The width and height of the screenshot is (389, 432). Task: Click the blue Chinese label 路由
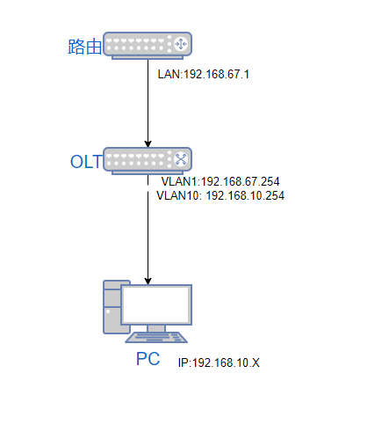click(x=85, y=47)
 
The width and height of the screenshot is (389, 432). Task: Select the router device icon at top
click(x=148, y=46)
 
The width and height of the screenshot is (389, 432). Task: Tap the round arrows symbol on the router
click(x=181, y=44)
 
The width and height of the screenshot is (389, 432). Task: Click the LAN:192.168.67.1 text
click(x=204, y=74)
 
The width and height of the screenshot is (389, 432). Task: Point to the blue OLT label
click(x=86, y=162)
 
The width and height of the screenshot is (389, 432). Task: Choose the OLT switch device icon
click(x=148, y=161)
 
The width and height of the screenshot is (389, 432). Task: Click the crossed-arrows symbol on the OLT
click(x=181, y=159)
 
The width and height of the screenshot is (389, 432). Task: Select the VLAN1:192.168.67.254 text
click(x=220, y=181)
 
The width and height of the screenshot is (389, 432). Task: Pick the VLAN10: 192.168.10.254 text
click(x=220, y=195)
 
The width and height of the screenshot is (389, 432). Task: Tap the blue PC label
click(x=148, y=359)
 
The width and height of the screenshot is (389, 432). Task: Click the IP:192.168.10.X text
click(x=219, y=362)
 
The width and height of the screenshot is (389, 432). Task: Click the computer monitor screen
click(x=156, y=304)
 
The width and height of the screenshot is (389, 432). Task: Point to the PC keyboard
click(x=156, y=337)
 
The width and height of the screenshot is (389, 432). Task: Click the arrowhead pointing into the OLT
click(x=148, y=143)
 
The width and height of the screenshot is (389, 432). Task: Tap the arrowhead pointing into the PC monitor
click(x=148, y=281)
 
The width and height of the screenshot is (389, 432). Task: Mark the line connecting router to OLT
click(x=148, y=104)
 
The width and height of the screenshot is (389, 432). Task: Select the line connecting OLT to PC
click(x=148, y=230)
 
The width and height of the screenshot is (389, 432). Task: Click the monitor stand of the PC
click(x=156, y=328)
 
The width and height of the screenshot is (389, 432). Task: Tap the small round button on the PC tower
click(x=108, y=311)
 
